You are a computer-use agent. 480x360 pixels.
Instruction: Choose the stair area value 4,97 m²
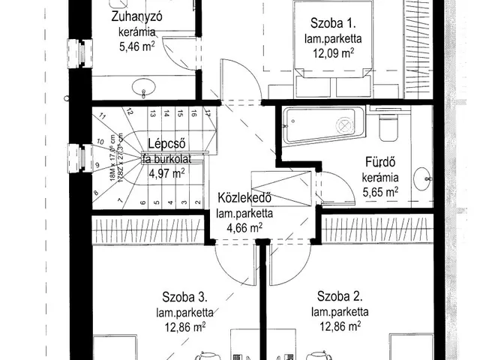coord(166,172)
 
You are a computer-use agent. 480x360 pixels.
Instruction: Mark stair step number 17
coord(207,114)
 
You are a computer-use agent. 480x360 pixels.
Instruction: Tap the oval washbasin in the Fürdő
coord(427,180)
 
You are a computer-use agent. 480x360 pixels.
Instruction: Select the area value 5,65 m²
coord(381,192)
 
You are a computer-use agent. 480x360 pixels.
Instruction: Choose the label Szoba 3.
coord(187,295)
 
